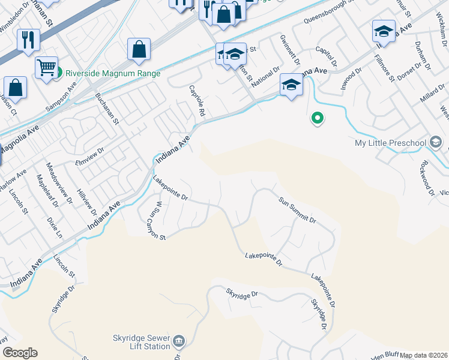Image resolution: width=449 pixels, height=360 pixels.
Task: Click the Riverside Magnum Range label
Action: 113,73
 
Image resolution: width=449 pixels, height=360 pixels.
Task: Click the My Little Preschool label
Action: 390,143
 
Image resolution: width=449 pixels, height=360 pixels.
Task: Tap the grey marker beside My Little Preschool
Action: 436,142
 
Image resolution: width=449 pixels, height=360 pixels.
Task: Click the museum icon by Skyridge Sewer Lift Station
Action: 179,342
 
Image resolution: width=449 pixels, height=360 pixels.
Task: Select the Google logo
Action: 20,353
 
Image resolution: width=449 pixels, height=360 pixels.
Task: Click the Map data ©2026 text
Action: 424,355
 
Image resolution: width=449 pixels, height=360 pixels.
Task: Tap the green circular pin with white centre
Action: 317,119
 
